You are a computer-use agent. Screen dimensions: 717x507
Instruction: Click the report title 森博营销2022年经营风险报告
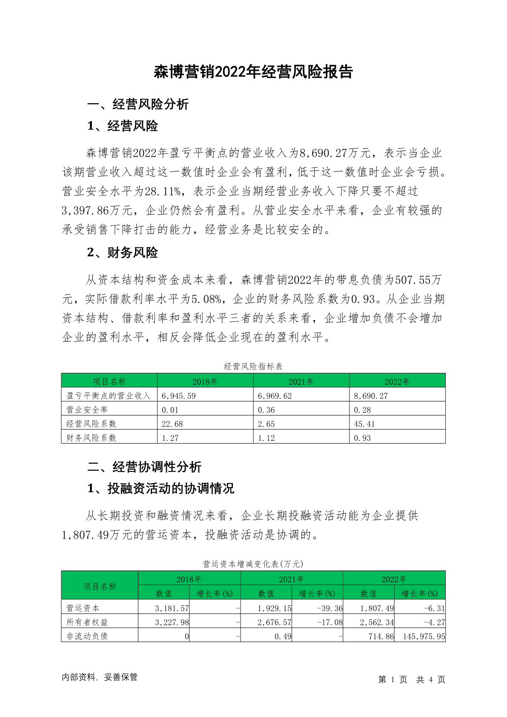[x=253, y=72]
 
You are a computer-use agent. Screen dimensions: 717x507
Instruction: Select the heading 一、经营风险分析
[x=138, y=104]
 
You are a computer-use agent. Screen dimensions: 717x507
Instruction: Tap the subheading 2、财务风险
[x=123, y=252]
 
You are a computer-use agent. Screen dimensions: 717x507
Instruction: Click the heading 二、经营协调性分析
[x=144, y=467]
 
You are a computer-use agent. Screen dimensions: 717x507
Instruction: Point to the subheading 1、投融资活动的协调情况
[x=161, y=488]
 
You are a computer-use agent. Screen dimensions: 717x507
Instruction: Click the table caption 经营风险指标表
[x=253, y=366]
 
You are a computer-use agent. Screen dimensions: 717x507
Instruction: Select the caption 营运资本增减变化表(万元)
[x=253, y=564]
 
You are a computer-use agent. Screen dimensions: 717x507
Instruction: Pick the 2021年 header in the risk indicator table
[x=301, y=381]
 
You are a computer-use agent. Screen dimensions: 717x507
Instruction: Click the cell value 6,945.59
[x=179, y=396]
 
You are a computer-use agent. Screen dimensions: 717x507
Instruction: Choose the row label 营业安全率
[x=87, y=410]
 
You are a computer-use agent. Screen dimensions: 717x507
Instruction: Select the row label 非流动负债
[x=87, y=636]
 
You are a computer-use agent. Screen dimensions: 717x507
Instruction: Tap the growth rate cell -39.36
[x=330, y=608]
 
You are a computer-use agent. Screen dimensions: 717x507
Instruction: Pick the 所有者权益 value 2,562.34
[x=377, y=622]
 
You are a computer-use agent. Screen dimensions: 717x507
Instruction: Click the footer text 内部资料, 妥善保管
[x=100, y=677]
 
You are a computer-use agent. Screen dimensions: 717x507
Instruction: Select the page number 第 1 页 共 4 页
[x=412, y=680]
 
